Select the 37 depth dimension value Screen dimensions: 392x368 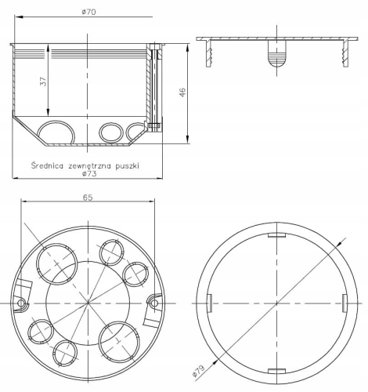click(x=43, y=82)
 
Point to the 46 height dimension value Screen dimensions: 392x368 click(x=182, y=92)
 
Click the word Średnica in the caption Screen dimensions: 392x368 click(x=48, y=165)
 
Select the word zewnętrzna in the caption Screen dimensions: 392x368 click(x=92, y=165)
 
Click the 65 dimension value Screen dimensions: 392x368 click(x=88, y=198)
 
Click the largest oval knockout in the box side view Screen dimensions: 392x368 click(x=56, y=129)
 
